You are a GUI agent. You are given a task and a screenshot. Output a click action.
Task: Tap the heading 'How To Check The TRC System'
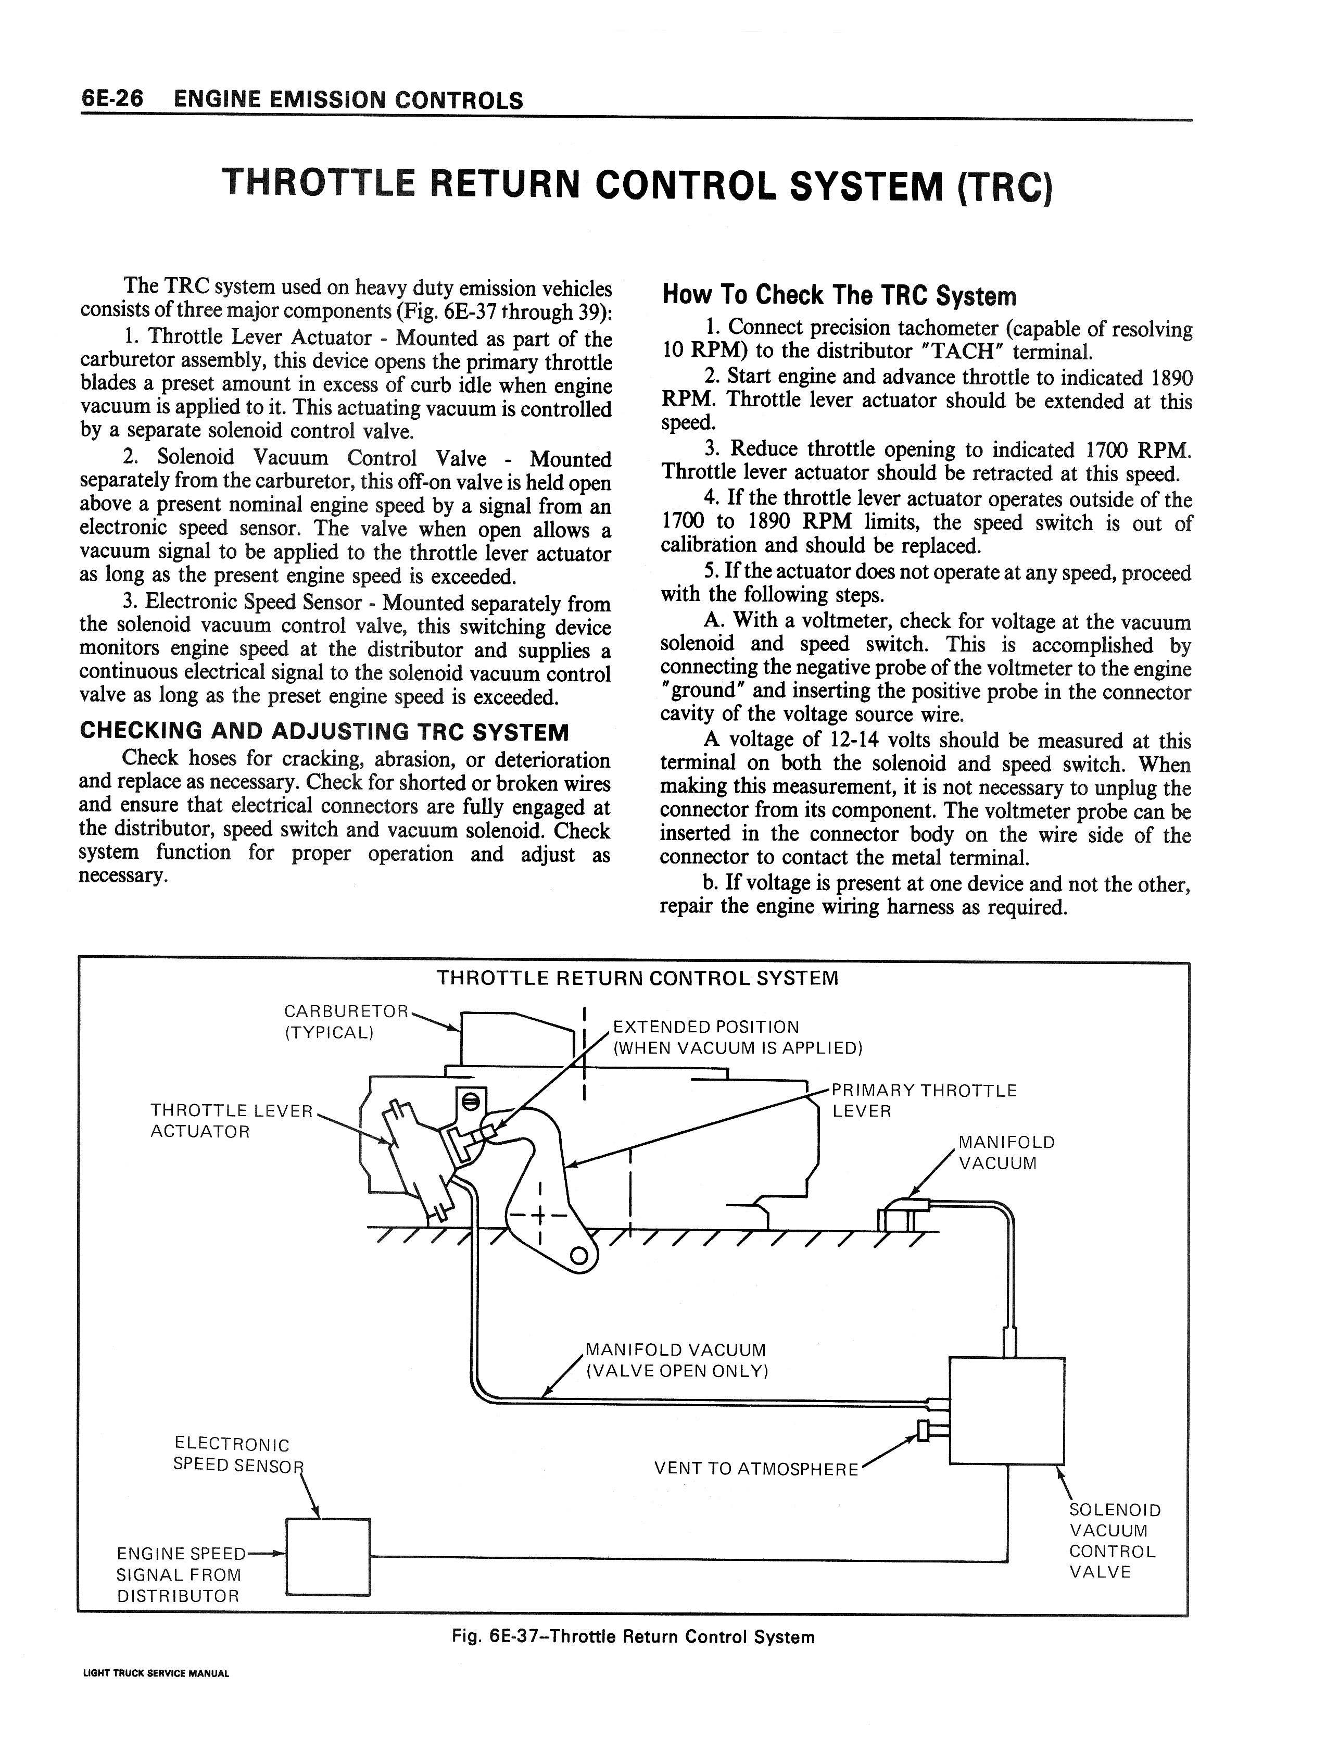pyautogui.click(x=839, y=296)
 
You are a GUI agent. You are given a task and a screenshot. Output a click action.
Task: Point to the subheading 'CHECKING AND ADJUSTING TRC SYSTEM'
pyautogui.click(x=324, y=731)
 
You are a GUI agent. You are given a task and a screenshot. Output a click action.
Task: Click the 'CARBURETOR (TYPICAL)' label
pyautogui.click(x=345, y=1021)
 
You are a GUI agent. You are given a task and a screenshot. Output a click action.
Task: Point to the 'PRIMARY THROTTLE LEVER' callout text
pyautogui.click(x=924, y=1100)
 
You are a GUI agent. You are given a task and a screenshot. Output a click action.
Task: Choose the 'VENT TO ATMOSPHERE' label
pyautogui.click(x=755, y=1468)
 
